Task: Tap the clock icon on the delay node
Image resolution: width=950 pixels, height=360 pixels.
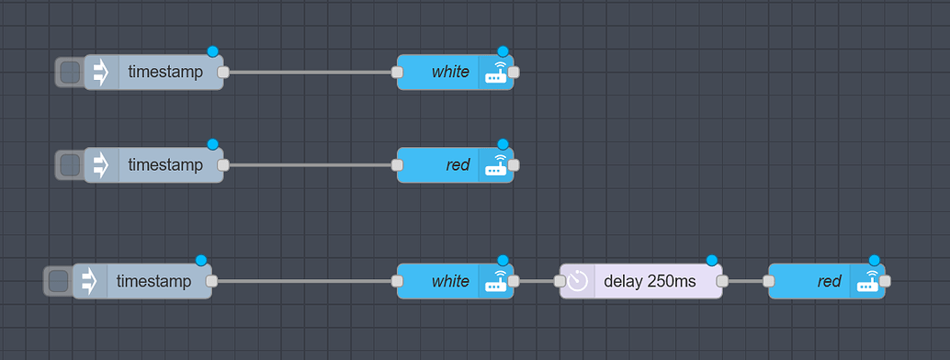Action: [x=577, y=281]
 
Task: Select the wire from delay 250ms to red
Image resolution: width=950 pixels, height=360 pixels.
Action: [x=745, y=281]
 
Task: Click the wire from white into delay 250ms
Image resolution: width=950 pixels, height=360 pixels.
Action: [x=537, y=281]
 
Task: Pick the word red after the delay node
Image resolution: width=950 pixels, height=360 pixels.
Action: [x=829, y=281]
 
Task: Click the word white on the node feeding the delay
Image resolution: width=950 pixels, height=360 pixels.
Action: [x=450, y=281]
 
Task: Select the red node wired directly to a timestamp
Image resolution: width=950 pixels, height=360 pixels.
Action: [x=441, y=165]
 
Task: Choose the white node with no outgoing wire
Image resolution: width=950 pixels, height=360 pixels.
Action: [x=441, y=72]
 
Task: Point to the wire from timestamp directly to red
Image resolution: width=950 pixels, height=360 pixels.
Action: [x=310, y=165]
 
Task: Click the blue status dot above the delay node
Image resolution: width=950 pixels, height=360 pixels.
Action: [x=711, y=261]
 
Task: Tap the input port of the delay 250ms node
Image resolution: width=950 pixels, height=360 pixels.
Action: [x=560, y=281]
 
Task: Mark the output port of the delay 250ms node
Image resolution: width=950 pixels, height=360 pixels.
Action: [x=722, y=281]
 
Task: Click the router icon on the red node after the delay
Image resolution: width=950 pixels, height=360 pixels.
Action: [x=867, y=281]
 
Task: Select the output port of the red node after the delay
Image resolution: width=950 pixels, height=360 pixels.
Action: [x=884, y=281]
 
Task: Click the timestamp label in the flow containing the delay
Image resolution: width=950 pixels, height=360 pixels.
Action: [x=154, y=281]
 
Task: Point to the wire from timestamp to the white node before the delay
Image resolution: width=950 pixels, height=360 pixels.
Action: [x=304, y=281]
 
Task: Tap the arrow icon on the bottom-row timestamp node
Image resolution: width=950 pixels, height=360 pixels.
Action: [x=90, y=281]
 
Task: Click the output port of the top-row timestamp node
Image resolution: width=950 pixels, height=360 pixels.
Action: [x=222, y=72]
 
